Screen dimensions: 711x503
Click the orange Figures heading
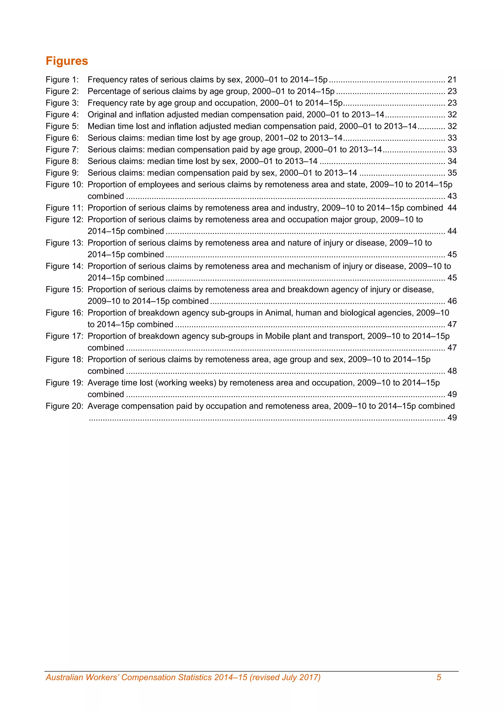(67, 61)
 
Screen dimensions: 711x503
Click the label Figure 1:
(62, 80)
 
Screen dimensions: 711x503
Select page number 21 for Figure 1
(452, 80)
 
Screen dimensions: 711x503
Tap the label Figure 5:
(62, 126)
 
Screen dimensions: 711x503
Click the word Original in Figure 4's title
(102, 115)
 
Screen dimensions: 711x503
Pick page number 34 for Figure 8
(452, 161)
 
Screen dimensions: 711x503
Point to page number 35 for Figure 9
(452, 173)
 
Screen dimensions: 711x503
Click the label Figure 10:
(64, 185)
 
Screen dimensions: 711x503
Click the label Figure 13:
(64, 243)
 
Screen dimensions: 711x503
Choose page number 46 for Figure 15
(452, 301)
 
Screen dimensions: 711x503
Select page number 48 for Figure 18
(452, 371)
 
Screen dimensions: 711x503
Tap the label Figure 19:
(64, 383)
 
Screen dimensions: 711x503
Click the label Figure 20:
(64, 406)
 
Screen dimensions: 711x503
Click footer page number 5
(439, 677)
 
